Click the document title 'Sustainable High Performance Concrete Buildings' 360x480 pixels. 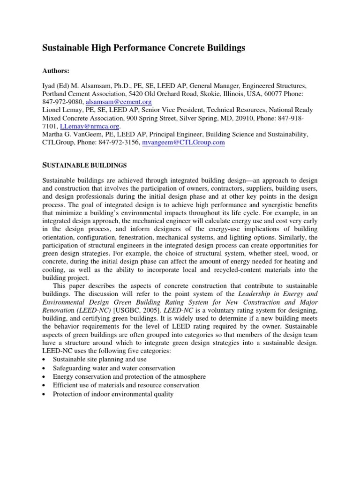tap(144, 48)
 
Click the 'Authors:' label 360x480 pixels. tap(56, 71)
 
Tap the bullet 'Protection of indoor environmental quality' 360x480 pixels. tap(113, 394)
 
